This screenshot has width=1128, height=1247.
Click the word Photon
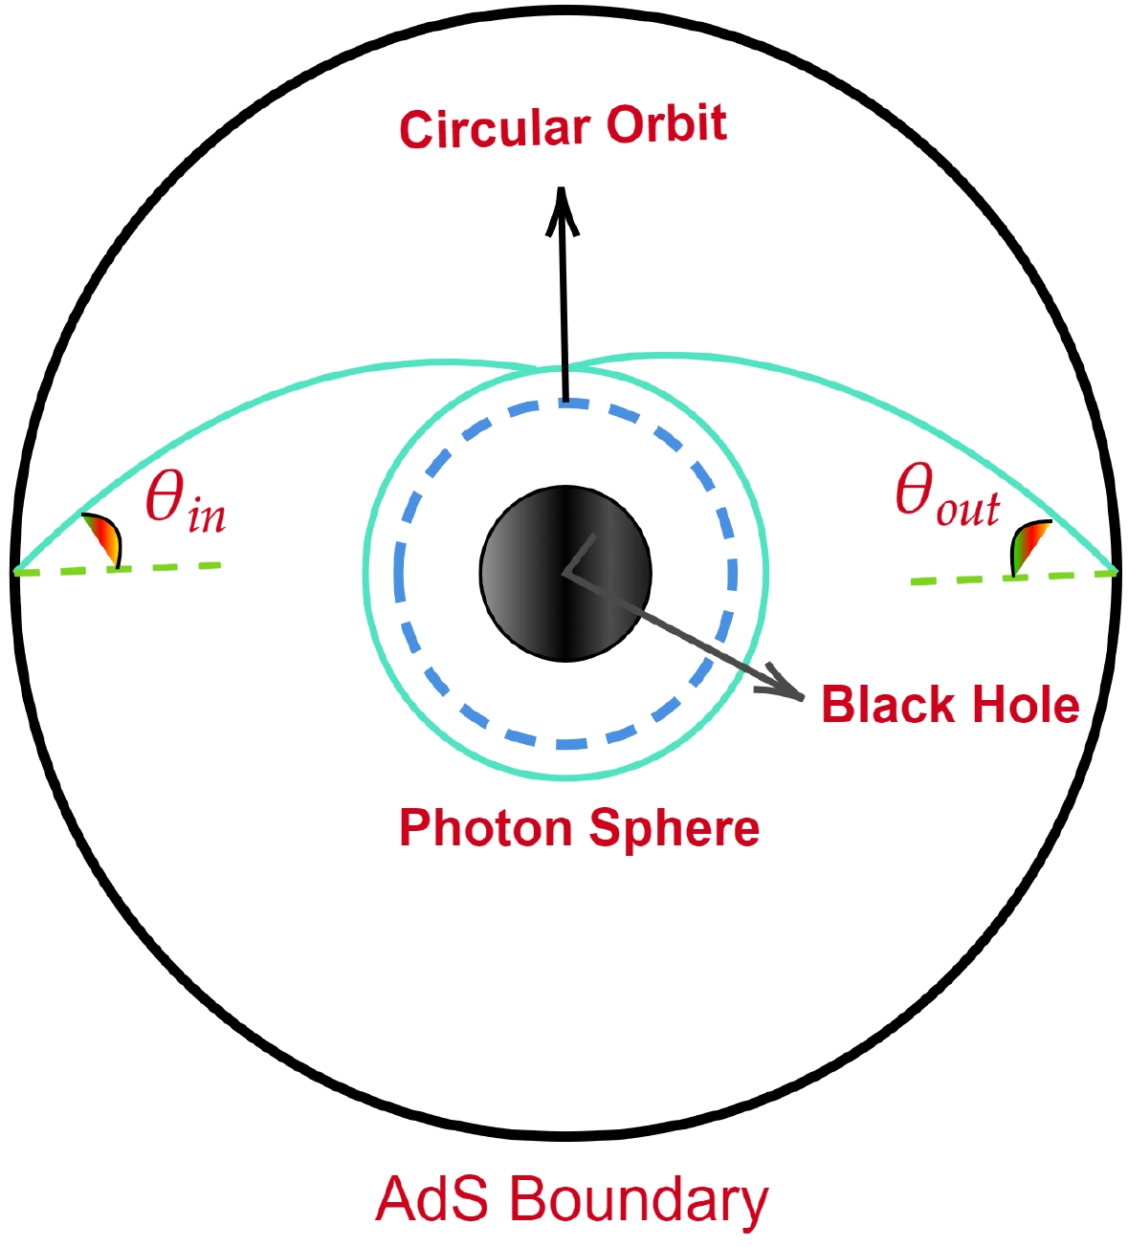point(486,828)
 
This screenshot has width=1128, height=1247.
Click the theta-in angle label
point(185,502)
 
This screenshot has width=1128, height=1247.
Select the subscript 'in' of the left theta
point(207,517)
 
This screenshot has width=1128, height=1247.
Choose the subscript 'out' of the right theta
point(967,511)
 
